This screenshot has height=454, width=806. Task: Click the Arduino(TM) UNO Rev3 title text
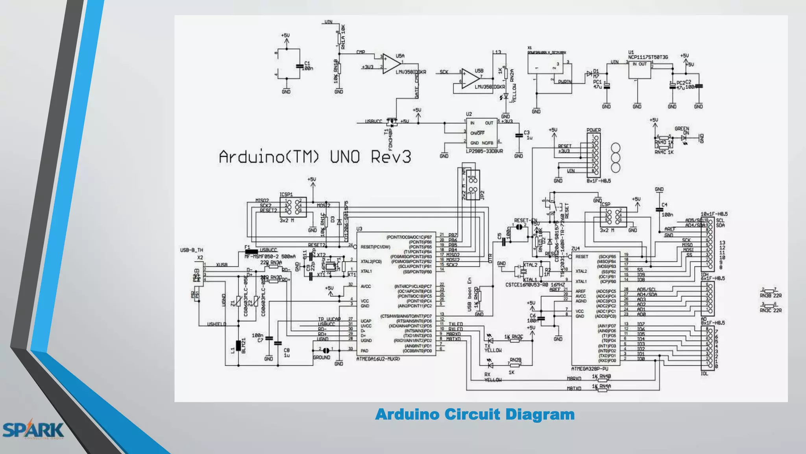pos(314,157)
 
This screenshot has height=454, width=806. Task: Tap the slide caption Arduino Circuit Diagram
pos(475,415)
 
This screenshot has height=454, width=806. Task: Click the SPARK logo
pos(33,430)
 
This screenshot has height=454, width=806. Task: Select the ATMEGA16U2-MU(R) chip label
pos(378,359)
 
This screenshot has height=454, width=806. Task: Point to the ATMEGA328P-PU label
pos(589,369)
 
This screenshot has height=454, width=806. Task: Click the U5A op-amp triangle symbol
pos(391,64)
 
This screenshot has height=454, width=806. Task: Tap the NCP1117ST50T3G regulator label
pos(648,57)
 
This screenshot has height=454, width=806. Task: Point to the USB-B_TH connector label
pos(192,250)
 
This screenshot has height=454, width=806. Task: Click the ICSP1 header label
pos(286,194)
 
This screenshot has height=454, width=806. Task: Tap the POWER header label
pos(593,130)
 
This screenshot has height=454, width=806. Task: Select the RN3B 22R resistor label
pos(770,296)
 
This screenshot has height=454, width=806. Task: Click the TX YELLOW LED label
pos(492,348)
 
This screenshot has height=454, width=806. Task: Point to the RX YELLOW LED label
pos(492,378)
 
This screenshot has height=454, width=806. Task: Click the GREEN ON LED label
pos(682,130)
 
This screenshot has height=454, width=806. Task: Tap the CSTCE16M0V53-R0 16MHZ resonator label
pos(535,285)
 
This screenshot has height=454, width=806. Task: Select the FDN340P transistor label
pos(391,139)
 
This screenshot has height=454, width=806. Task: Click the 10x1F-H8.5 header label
pos(714,214)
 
